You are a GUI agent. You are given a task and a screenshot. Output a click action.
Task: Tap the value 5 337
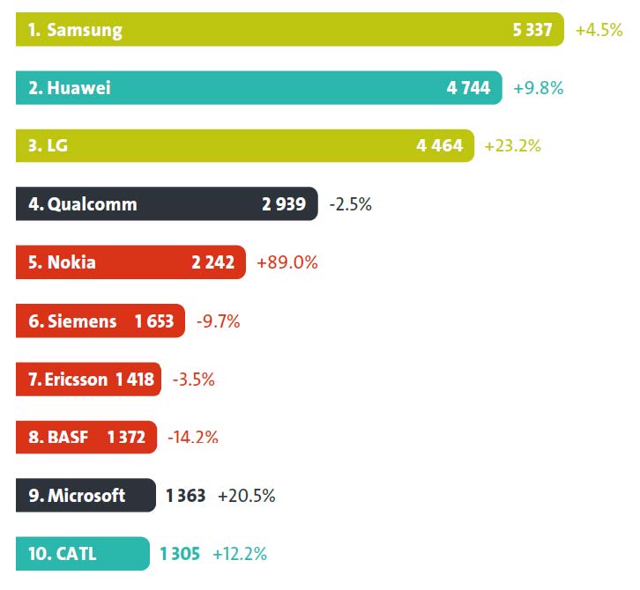pyautogui.click(x=532, y=30)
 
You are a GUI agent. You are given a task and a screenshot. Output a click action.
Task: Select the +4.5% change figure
pyautogui.click(x=599, y=30)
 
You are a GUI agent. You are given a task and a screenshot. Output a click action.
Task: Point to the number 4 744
pyautogui.click(x=468, y=88)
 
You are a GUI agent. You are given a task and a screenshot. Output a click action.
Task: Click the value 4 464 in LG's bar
pyautogui.click(x=439, y=146)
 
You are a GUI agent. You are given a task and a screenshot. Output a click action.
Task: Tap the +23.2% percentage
pyautogui.click(x=512, y=146)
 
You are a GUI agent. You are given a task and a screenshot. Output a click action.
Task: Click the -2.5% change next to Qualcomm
pyautogui.click(x=350, y=204)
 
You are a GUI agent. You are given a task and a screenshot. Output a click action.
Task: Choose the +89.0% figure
pyautogui.click(x=287, y=262)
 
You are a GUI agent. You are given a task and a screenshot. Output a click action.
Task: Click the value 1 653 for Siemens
pyautogui.click(x=154, y=321)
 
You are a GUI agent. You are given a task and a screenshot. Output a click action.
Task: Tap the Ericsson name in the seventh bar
pyautogui.click(x=69, y=380)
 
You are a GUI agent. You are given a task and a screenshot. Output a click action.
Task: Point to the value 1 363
pyautogui.click(x=185, y=496)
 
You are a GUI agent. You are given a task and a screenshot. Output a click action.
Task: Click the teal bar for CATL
pyautogui.click(x=83, y=554)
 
